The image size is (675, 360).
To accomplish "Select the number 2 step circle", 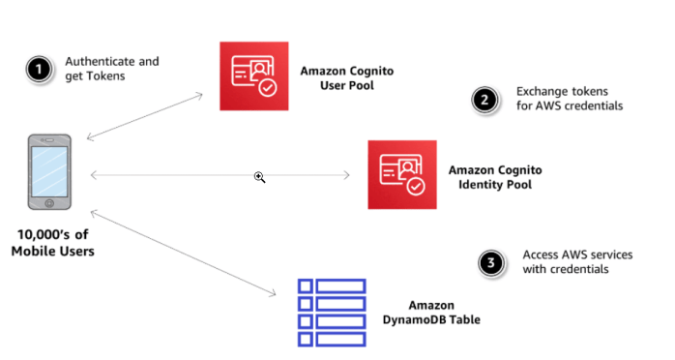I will (x=483, y=99).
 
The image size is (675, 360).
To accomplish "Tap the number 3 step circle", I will (x=493, y=262).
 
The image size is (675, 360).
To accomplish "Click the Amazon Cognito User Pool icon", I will (x=253, y=76).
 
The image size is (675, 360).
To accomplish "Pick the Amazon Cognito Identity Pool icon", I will (x=402, y=174).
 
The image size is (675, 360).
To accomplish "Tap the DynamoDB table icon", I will (x=331, y=312).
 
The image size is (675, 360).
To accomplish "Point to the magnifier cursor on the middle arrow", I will (x=259, y=177).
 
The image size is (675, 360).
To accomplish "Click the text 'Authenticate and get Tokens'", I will (x=111, y=69).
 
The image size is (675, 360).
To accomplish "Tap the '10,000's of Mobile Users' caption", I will (x=53, y=244).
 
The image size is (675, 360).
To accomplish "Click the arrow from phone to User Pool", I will (x=145, y=115).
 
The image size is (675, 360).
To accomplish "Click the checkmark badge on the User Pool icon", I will (x=268, y=87).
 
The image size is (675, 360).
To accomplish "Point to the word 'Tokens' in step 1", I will (x=108, y=76).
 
